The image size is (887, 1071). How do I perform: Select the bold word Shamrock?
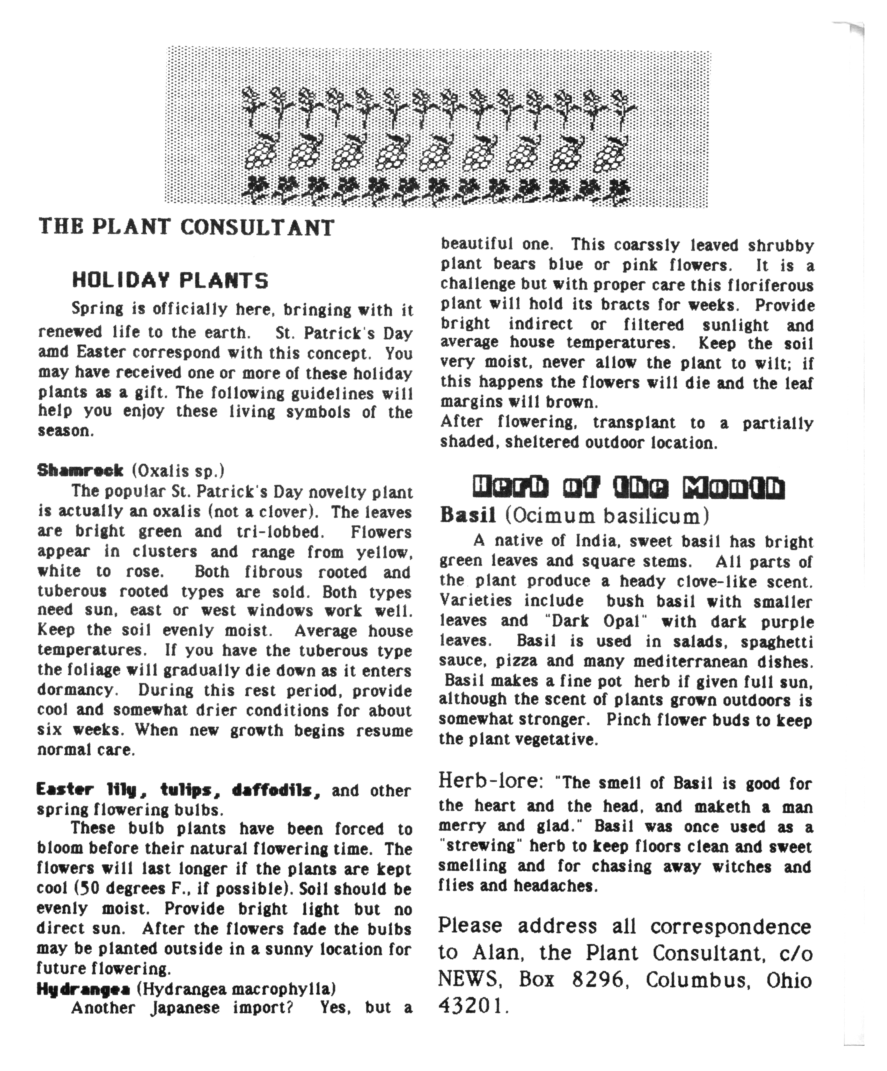(80, 470)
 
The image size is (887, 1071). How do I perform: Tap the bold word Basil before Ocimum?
(468, 516)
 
